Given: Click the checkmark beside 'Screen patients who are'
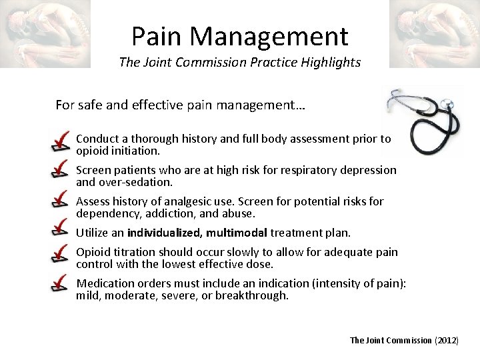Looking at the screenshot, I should coord(61,171).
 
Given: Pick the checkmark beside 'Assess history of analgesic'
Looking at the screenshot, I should coord(61,202).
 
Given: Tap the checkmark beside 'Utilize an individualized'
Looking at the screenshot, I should coord(61,230).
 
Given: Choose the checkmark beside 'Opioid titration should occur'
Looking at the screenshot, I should coord(61,255).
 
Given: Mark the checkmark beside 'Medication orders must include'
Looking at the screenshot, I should coord(61,285).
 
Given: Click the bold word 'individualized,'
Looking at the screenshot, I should coord(165,233).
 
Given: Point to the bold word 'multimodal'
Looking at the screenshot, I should coord(237,233).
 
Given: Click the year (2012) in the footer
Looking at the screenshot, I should coord(447,341).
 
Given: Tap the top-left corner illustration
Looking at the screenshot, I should coord(45,33).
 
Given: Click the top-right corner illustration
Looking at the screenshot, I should coord(434,33).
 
